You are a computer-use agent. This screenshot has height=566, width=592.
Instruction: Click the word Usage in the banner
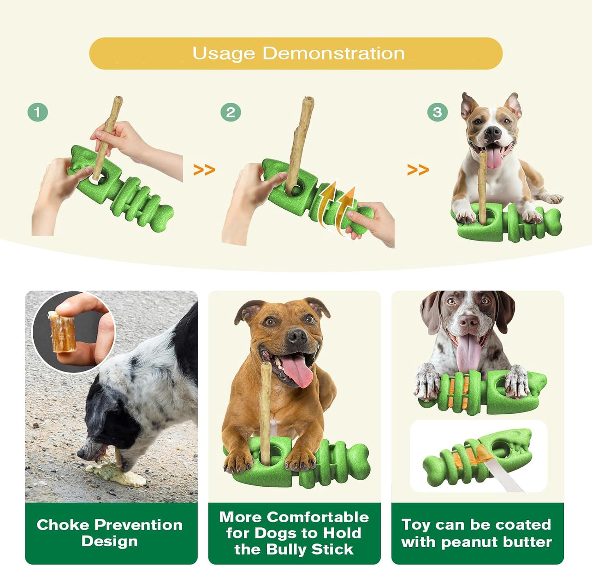pos(224,54)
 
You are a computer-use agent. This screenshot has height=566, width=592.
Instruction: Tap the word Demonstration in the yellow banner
pos(333,54)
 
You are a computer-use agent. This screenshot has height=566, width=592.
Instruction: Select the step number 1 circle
pos(38,112)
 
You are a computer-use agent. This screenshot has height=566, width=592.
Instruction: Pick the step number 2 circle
pos(230,112)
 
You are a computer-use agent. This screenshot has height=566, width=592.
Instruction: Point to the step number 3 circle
pos(437,112)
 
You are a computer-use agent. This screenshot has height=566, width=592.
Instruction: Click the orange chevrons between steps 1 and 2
pos(204,169)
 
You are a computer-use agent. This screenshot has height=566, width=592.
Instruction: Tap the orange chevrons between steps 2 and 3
pos(418,169)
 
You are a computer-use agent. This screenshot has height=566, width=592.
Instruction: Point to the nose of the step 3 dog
pos(492,132)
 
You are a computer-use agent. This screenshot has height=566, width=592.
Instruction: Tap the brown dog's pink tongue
pos(298,370)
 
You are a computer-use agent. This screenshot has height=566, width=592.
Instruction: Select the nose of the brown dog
pos(297,337)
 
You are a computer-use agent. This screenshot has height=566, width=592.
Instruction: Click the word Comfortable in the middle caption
pos(318,517)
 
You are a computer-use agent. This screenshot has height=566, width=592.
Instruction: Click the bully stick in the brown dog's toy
pos(266,409)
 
